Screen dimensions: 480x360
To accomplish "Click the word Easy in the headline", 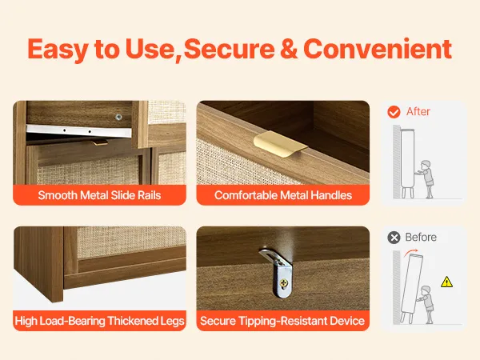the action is pyautogui.click(x=58, y=50).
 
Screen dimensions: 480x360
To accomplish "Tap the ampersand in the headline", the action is pyautogui.click(x=288, y=49).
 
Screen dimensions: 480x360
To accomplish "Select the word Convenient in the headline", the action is pyautogui.click(x=378, y=49).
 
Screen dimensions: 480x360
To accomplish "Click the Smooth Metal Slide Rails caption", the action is pyautogui.click(x=99, y=195).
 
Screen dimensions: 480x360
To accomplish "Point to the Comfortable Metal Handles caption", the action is pyautogui.click(x=283, y=195).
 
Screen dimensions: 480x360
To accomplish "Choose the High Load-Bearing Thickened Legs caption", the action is pyautogui.click(x=99, y=321).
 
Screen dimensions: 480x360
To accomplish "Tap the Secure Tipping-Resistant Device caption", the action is pyautogui.click(x=282, y=321).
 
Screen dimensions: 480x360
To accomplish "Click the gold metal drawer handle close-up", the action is pyautogui.click(x=280, y=143).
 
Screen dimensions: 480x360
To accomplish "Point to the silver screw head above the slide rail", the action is pyautogui.click(x=118, y=117).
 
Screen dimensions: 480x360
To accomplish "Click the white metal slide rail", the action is pyautogui.click(x=79, y=131).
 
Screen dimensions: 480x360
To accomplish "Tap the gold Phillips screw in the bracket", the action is pyautogui.click(x=284, y=283).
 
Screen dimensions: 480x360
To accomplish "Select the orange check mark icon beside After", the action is pyautogui.click(x=394, y=112).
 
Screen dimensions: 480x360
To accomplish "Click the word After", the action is pyautogui.click(x=418, y=111).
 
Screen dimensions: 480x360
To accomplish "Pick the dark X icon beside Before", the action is pyautogui.click(x=394, y=238).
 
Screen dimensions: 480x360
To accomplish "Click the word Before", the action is pyautogui.click(x=421, y=238).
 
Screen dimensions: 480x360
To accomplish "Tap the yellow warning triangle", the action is pyautogui.click(x=447, y=282).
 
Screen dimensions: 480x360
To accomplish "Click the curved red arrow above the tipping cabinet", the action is pyautogui.click(x=410, y=252).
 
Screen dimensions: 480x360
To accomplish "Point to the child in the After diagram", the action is pyautogui.click(x=426, y=178).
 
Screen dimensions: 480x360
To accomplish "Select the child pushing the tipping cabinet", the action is pyautogui.click(x=426, y=305).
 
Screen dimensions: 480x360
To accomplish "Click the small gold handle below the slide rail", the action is pyautogui.click(x=100, y=142).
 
